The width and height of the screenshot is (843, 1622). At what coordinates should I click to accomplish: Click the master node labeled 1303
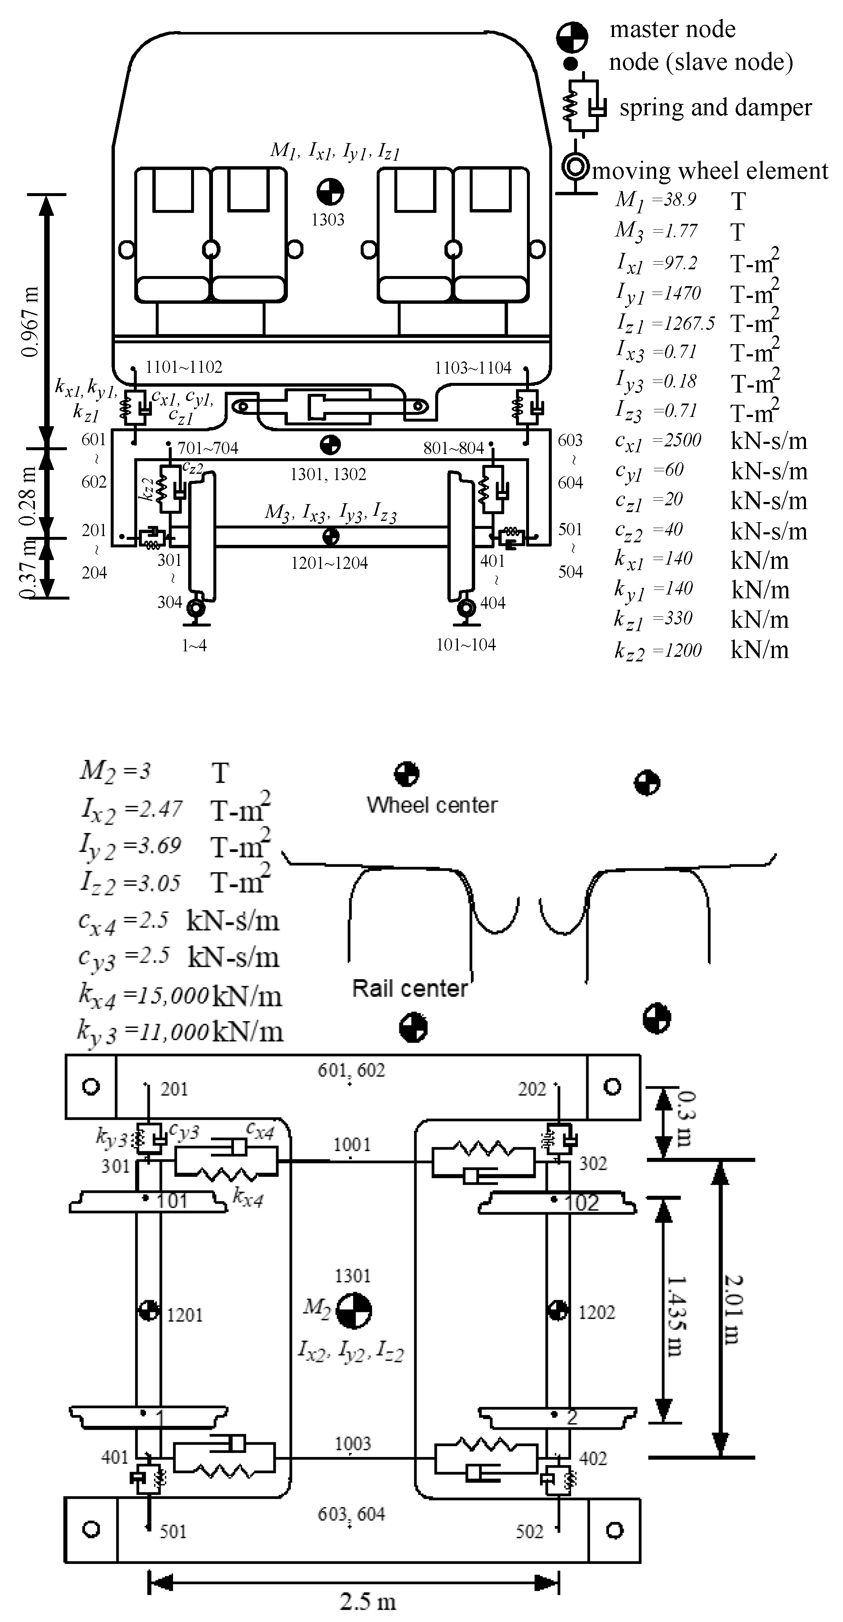click(x=330, y=192)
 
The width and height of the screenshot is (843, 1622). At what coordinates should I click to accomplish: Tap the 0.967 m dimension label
click(x=30, y=321)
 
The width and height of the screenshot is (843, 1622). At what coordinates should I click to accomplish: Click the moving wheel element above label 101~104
click(x=466, y=609)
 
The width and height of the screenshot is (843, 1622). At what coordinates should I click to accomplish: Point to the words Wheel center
click(x=432, y=805)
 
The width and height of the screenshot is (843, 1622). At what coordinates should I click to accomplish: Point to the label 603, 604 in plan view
click(x=351, y=1514)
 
